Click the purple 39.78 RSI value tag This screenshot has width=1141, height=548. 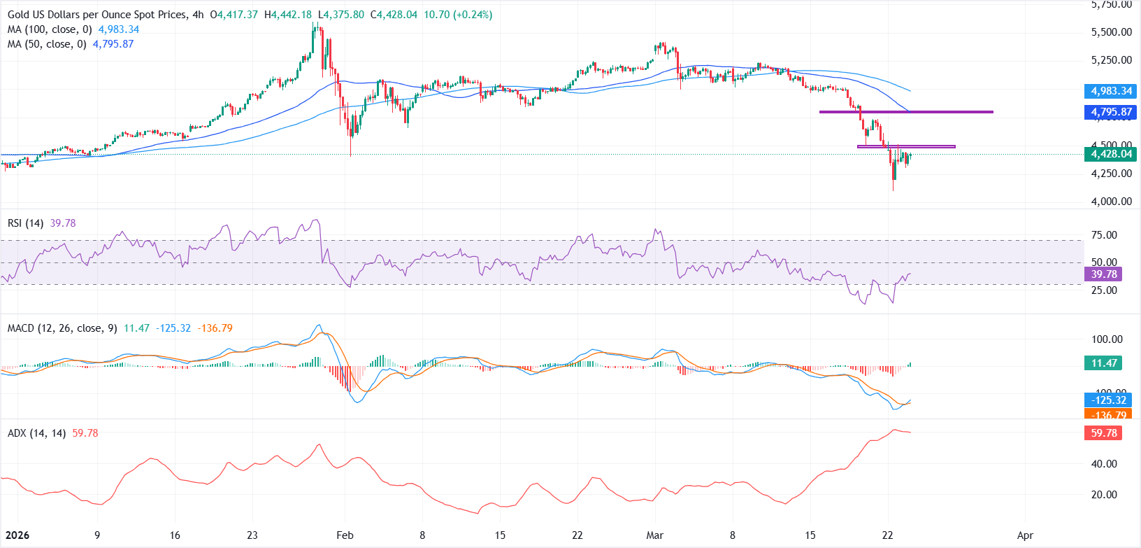tap(1105, 274)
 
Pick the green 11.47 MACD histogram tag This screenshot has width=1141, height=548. tap(1104, 363)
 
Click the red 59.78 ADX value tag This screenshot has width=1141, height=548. tap(1104, 433)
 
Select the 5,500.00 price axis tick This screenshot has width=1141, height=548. tap(1111, 32)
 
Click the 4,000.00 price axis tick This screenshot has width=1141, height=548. tap(1111, 202)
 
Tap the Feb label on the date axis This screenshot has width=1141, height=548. tap(345, 535)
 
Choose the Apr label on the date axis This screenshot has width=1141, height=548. tap(1025, 535)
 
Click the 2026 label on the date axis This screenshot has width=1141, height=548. tap(17, 535)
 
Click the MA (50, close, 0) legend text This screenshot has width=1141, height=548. tap(47, 44)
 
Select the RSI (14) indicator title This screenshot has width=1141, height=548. tap(25, 223)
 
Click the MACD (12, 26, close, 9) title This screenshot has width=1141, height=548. tap(62, 328)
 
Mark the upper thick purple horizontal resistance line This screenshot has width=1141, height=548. tap(906, 112)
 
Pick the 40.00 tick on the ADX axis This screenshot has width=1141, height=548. tap(1104, 464)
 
